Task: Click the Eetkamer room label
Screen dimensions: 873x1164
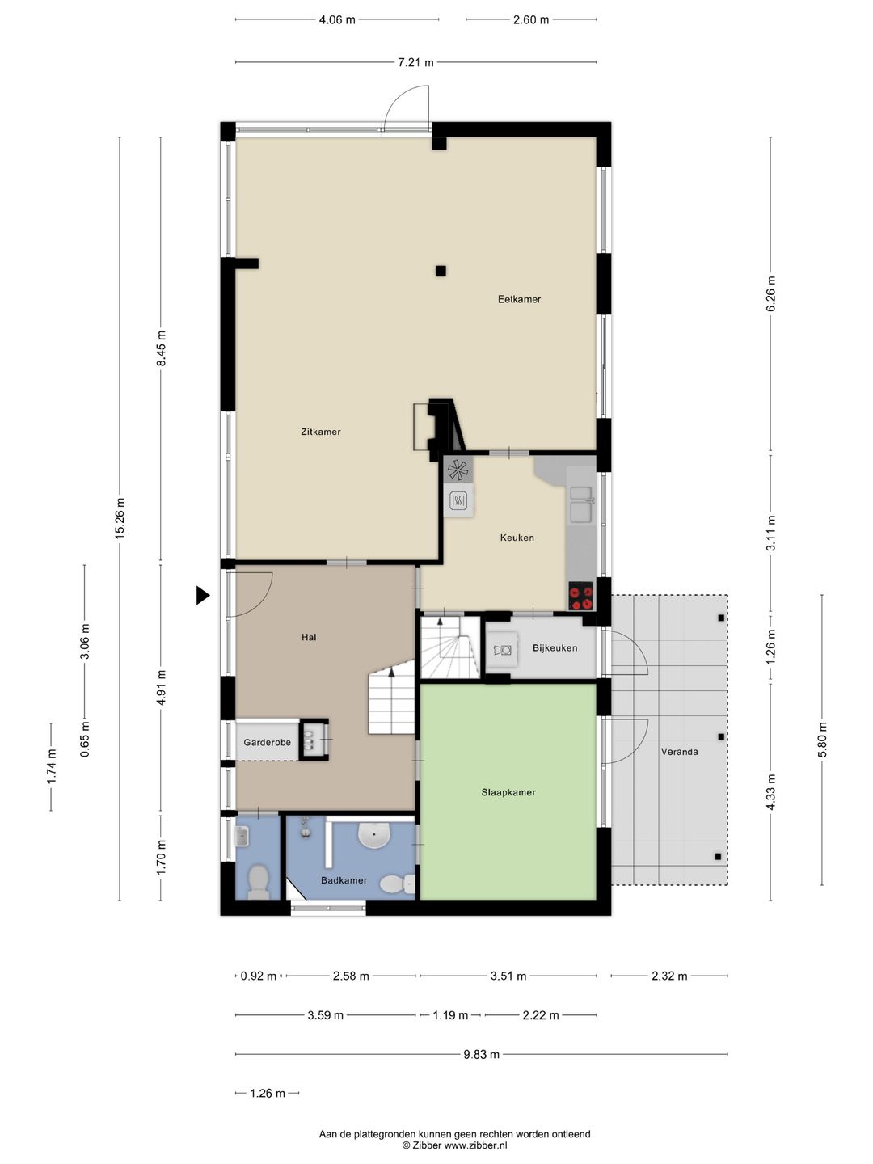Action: point(519,299)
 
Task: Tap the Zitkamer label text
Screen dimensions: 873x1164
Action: point(321,432)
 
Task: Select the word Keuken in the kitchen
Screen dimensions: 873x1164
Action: point(517,538)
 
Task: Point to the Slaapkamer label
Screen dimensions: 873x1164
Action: point(508,792)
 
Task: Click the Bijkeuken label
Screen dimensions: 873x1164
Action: point(555,647)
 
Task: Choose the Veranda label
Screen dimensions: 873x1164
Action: point(679,752)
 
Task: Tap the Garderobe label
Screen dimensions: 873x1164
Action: point(267,742)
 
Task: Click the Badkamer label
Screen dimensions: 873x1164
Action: point(344,880)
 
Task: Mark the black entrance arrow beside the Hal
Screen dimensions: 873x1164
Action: point(202,595)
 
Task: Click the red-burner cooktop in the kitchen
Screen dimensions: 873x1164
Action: point(581,596)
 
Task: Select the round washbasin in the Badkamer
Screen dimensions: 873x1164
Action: point(375,834)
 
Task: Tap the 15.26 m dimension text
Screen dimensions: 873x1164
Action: point(120,518)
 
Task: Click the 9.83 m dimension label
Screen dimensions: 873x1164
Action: point(481,1054)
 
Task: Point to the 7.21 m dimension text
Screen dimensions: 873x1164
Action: point(415,62)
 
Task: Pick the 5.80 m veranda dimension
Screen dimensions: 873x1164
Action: point(822,740)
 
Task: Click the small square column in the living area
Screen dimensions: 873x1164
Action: point(441,271)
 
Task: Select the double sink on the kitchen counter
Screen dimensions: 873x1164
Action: point(581,504)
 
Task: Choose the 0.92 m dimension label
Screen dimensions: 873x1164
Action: point(258,976)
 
